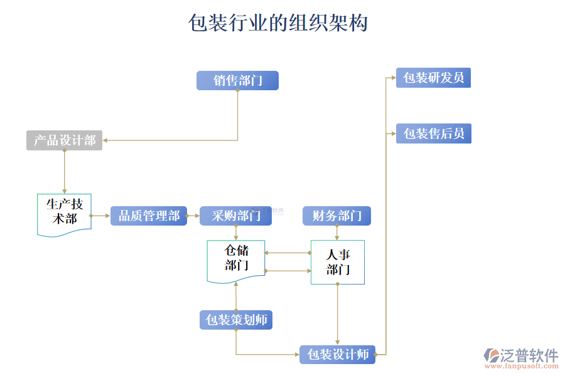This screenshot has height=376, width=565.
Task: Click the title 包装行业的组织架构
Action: tap(278, 23)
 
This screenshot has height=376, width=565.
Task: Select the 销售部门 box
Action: tap(237, 80)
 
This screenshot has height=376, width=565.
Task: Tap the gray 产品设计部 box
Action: tap(64, 140)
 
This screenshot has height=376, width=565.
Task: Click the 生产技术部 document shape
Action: tap(64, 213)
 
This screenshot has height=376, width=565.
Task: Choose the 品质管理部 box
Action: tap(149, 216)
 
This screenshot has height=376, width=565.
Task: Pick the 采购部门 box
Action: tap(235, 216)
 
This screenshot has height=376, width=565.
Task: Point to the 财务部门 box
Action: tap(336, 216)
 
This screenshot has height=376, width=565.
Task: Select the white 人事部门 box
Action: tap(338, 262)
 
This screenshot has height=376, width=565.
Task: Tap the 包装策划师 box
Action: tap(236, 320)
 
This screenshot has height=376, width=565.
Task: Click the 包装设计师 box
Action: tap(337, 354)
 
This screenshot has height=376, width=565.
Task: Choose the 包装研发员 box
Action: tap(433, 78)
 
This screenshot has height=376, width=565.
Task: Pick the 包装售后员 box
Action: tap(433, 133)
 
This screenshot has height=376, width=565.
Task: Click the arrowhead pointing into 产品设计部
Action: tap(106, 140)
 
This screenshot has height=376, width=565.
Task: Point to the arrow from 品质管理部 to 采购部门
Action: tap(193, 216)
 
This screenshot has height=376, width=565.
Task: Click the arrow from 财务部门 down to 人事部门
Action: tap(337, 232)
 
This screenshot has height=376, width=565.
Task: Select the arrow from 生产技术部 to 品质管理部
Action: tap(100, 216)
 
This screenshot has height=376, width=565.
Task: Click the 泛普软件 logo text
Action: tap(529, 355)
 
